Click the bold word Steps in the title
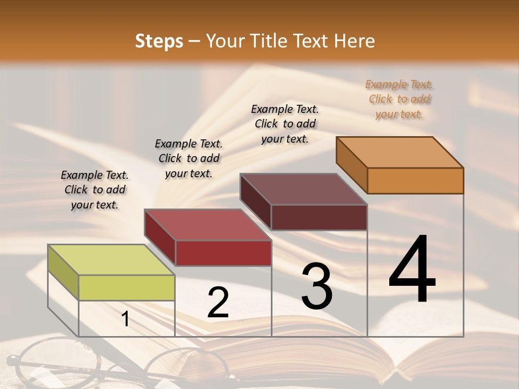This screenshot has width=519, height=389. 159,41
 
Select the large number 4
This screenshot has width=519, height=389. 412,270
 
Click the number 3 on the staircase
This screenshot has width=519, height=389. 317,286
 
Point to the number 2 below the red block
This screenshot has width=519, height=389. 218,303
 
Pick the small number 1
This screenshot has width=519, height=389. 125,319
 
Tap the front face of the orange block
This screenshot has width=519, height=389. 415,180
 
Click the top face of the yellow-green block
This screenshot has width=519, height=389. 111,260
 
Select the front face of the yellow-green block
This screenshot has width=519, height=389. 127,287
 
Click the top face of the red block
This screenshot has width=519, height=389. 208,224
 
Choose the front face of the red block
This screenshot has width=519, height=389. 223,253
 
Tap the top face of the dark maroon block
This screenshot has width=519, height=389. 303,189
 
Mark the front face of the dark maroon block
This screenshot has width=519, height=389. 319,217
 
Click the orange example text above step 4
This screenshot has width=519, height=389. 399,99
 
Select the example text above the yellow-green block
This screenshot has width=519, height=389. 95,190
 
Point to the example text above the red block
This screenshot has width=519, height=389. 189,158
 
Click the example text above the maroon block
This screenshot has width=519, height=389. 285,124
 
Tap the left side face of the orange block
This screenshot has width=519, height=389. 351,165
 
